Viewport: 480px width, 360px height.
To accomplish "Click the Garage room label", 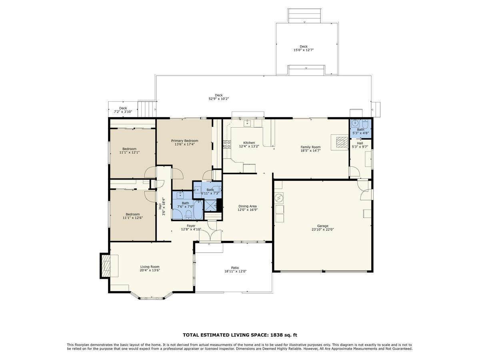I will [x=322, y=226].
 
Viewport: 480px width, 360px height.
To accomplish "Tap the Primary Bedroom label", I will [x=184, y=141].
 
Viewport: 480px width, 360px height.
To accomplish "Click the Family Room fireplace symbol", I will [x=342, y=142].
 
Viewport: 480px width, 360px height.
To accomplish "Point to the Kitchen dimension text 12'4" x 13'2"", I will [x=249, y=146].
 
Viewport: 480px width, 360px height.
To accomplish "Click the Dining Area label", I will [x=247, y=206].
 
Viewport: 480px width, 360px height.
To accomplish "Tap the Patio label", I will [x=235, y=268].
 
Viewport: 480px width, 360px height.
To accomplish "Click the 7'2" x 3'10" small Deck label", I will [x=123, y=112].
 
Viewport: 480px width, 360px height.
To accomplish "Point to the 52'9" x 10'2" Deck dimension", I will [x=218, y=99].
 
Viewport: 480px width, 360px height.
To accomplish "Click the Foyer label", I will [x=191, y=226].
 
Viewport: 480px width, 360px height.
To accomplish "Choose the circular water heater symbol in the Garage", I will [x=279, y=198].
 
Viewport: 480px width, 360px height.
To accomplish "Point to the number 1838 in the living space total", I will [x=276, y=335].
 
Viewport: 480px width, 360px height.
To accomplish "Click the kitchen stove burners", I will [x=226, y=144].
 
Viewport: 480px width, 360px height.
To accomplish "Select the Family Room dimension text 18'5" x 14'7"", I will [x=310, y=151].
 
